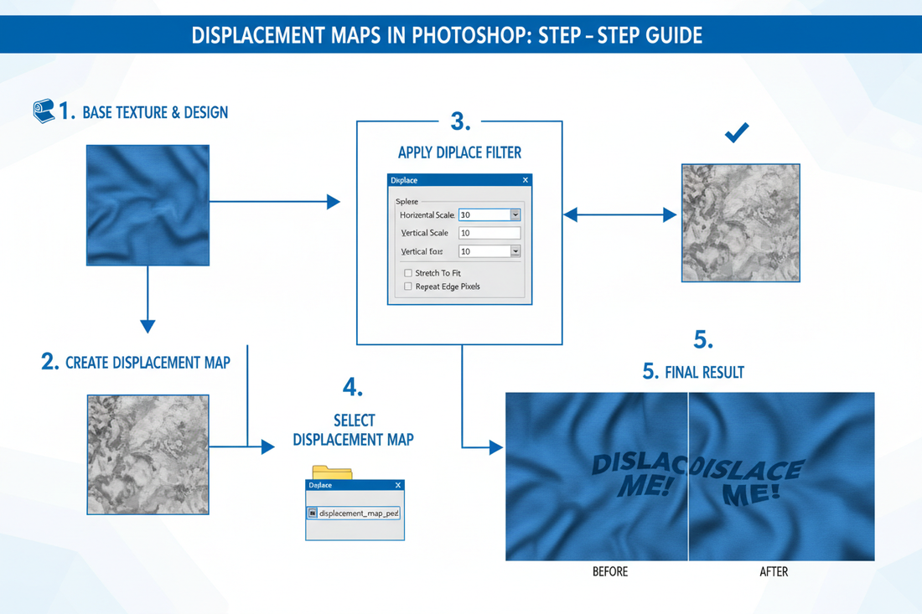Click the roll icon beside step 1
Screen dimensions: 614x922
(44, 111)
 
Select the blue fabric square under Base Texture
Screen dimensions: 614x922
(148, 205)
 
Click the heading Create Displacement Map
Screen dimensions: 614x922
(147, 363)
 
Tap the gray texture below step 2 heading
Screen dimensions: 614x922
(148, 455)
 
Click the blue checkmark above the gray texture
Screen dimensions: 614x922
(737, 132)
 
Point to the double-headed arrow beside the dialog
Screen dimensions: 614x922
(619, 215)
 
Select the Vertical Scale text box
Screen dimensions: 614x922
(489, 233)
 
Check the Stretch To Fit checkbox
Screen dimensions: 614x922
(408, 273)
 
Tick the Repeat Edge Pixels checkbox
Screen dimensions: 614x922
(408, 286)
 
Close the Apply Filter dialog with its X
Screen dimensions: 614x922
(526, 180)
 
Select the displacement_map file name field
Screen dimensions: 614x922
(354, 513)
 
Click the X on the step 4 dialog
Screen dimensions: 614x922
(398, 485)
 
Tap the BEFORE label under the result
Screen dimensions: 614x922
(609, 572)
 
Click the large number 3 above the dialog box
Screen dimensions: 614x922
(459, 121)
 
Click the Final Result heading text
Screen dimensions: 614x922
(704, 372)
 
